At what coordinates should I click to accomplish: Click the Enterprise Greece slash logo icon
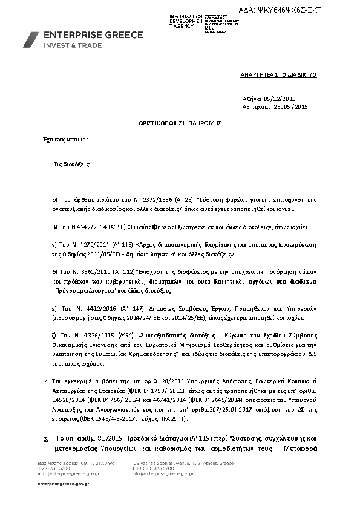(32, 39)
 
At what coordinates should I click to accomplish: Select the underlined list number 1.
(46, 164)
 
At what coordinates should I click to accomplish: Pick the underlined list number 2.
(46, 383)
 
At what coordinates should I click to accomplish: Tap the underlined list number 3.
(46, 438)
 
